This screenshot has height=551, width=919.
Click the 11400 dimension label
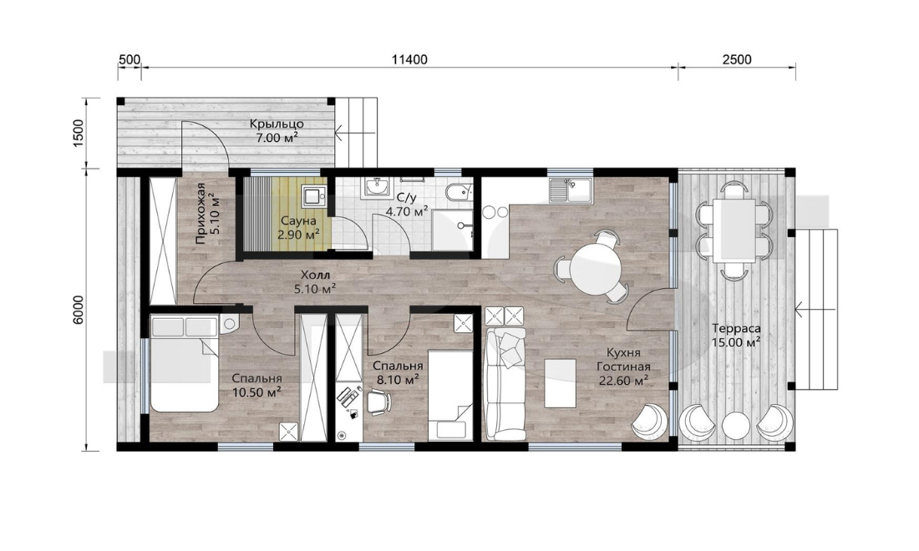409,60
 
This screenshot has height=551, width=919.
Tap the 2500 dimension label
737,60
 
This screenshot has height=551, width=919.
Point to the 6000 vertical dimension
80,309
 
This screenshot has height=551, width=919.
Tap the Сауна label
298,221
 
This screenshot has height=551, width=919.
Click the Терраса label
736,328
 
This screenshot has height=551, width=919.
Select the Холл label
315,275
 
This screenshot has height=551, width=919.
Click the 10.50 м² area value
256,392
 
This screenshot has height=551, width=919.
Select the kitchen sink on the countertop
571,190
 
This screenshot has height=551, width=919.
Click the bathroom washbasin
376,187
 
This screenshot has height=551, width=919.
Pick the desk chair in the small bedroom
378,401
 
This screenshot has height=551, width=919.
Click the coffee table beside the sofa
560,383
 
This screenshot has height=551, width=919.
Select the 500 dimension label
129,60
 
